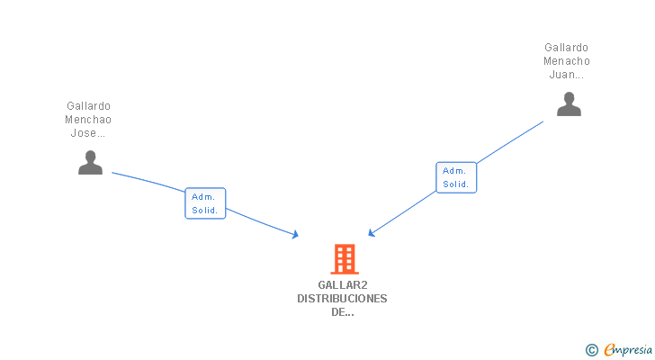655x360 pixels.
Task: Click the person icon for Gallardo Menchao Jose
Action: coord(90,163)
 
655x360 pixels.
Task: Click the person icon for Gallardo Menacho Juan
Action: coord(569,105)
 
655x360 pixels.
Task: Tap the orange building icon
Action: coord(344,259)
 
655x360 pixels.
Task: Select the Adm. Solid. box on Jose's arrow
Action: coord(205,203)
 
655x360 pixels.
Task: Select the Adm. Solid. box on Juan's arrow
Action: coord(456,177)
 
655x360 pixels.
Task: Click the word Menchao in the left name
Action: coord(88,120)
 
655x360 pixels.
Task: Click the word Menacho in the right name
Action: coord(567,61)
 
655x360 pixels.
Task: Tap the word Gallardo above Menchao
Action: coord(88,106)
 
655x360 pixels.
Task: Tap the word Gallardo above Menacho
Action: coord(567,48)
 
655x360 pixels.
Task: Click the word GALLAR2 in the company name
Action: coord(343,285)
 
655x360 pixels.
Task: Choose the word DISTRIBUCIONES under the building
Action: coord(343,299)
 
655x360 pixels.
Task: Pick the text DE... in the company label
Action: coord(343,312)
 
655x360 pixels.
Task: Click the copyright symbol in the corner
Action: coord(591,350)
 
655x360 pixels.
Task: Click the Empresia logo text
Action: coord(629,350)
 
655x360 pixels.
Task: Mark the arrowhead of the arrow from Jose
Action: coord(295,236)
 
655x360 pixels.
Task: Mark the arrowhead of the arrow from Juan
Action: coord(372,234)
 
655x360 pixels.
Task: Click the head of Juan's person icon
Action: coord(569,97)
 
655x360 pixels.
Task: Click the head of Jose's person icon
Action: coord(90,156)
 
